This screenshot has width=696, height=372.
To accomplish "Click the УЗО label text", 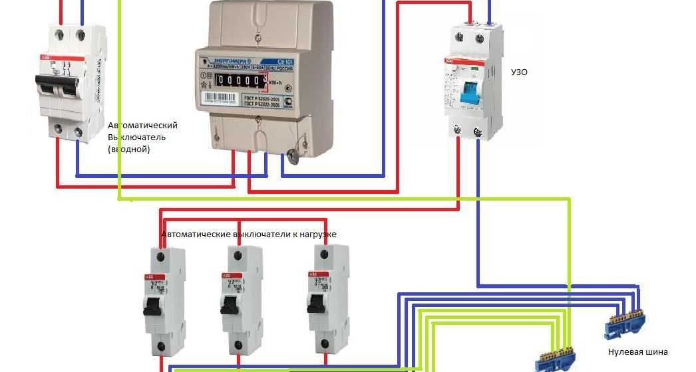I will point(518,72).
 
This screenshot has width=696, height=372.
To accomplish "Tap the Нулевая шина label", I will point(637,352).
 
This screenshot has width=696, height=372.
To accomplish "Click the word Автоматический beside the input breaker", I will point(142,126).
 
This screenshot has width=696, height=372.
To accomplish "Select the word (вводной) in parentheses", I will point(128,149).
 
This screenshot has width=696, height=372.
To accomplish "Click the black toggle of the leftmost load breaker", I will point(152,306).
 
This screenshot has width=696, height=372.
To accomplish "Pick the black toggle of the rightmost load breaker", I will point(316,303).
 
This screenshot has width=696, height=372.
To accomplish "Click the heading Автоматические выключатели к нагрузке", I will point(250,234).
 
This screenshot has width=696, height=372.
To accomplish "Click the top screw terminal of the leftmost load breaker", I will point(160,256).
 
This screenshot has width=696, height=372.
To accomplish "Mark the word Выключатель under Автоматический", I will point(136,138).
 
